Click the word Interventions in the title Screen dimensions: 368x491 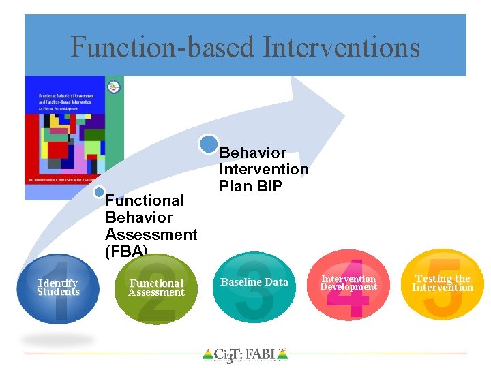(341, 48)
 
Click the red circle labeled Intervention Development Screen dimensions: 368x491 (348, 284)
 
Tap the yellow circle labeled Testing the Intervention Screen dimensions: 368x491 (443, 284)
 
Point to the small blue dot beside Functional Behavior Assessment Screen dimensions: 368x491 (100, 193)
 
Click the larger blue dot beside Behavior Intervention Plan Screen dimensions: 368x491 (209, 144)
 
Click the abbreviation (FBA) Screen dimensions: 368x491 (126, 251)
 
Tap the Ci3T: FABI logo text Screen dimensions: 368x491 (245, 354)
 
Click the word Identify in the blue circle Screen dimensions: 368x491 (58, 283)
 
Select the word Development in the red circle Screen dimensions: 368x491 (348, 288)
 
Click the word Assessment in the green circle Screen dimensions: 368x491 (156, 293)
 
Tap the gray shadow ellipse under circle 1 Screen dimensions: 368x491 (57, 339)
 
